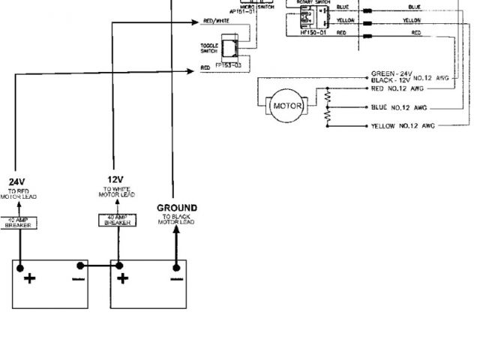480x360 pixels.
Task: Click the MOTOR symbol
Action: click(286, 106)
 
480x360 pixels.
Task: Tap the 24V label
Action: click(17, 181)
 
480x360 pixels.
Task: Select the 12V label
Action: click(115, 178)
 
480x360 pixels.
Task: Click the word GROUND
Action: click(177, 208)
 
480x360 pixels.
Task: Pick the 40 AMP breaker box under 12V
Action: click(116, 220)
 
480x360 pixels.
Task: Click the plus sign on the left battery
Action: click(30, 279)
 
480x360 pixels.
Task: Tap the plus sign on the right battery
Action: click(123, 279)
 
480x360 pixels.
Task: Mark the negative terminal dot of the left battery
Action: click(80, 265)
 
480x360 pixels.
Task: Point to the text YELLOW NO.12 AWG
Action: click(403, 126)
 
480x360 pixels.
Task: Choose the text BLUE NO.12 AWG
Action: click(399, 107)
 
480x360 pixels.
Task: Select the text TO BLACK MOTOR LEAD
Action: click(177, 219)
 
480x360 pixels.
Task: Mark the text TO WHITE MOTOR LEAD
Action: click(115, 192)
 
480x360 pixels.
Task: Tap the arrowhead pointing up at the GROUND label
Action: click(177, 229)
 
